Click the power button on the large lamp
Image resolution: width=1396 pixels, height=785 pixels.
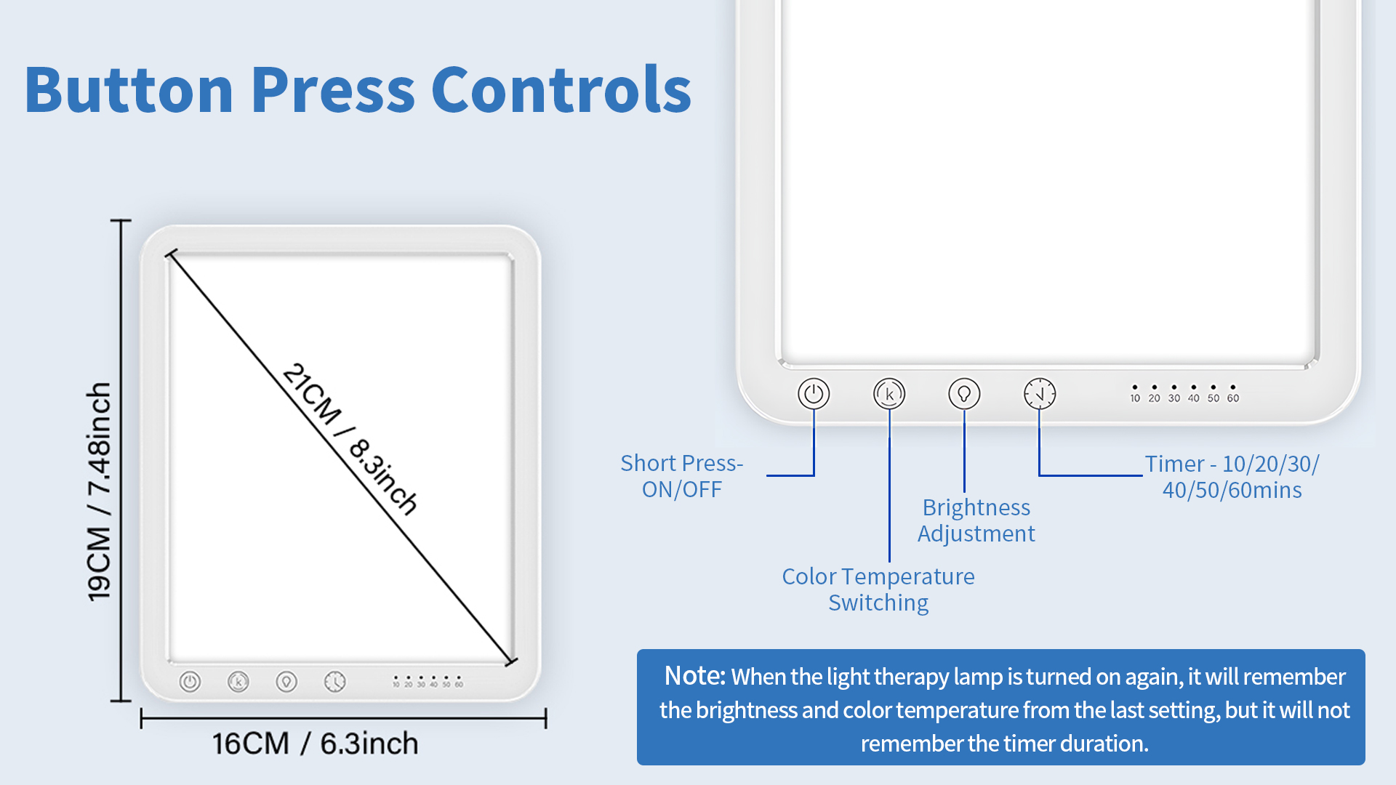(814, 394)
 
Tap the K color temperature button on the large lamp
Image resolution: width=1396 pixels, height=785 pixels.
(889, 394)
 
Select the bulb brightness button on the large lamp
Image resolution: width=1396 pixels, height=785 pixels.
(964, 394)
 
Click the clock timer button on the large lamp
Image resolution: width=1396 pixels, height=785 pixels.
(1040, 394)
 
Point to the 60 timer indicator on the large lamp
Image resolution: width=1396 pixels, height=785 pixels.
(1233, 394)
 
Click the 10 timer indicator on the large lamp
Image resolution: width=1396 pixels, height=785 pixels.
(1135, 394)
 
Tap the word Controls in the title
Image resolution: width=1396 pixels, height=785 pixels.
(561, 90)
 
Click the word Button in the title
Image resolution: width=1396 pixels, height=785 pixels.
(129, 90)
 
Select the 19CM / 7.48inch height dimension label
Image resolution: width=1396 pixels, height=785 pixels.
(100, 492)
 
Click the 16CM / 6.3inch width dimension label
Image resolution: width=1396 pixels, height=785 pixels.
(315, 744)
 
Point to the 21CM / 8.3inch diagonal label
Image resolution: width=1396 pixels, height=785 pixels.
(350, 439)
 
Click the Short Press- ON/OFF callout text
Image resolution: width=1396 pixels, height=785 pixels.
(681, 476)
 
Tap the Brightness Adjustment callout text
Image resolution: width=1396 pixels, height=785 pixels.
(976, 520)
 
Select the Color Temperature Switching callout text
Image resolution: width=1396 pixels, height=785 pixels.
(878, 589)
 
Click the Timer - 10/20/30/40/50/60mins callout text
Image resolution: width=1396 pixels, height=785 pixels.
(1232, 477)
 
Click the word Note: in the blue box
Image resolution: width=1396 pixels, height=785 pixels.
(694, 676)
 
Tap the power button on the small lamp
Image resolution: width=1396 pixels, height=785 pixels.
(190, 682)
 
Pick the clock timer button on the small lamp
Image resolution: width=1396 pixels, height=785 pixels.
(334, 682)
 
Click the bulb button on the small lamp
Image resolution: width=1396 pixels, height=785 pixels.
(286, 682)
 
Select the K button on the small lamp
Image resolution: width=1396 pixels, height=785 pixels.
(238, 682)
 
